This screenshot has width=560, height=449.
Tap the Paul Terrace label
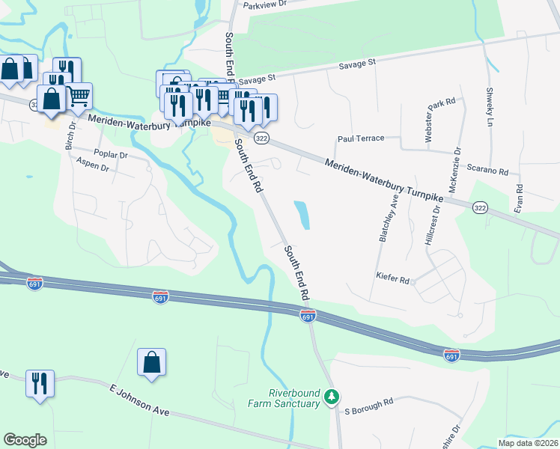[x=360, y=138]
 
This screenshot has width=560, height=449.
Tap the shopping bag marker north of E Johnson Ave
[x=151, y=363]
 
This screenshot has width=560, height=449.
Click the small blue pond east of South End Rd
[x=302, y=215]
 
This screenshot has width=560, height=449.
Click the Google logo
[x=25, y=439]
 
